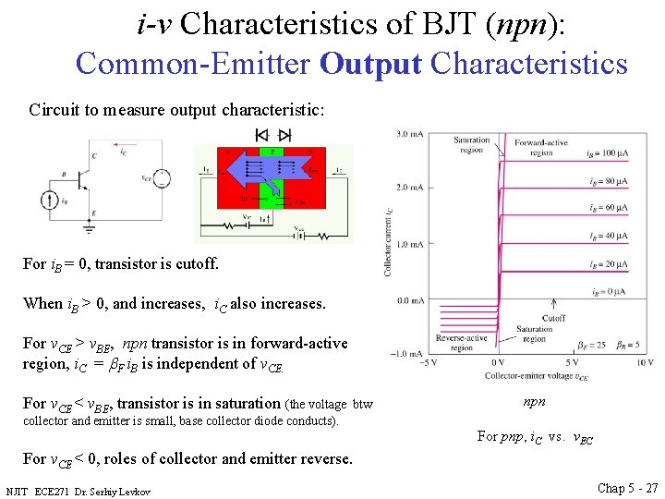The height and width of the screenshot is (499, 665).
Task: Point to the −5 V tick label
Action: coord(428,363)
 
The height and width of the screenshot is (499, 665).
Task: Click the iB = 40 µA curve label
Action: coord(608,237)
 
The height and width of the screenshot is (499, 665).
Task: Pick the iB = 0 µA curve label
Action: coord(610,292)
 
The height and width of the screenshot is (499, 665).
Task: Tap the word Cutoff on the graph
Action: coord(554,317)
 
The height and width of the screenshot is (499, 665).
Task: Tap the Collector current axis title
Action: coord(388,240)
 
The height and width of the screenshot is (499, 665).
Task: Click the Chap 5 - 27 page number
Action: coord(628,487)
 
